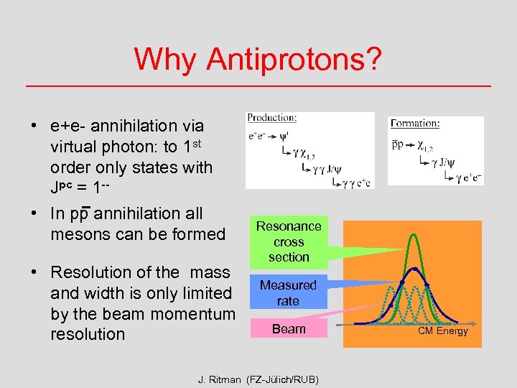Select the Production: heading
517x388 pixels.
(x=271, y=118)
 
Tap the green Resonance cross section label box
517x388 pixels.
(x=289, y=242)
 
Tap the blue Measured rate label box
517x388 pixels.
(x=288, y=293)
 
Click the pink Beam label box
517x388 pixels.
(x=289, y=329)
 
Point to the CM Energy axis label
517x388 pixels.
(x=443, y=331)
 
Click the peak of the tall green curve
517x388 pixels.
(x=414, y=236)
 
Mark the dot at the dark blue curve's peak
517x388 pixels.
(x=414, y=269)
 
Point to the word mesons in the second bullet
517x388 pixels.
(x=78, y=234)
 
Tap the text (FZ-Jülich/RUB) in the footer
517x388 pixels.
(x=282, y=379)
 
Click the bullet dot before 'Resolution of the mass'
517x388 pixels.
(x=34, y=273)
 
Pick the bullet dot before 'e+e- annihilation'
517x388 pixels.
(x=34, y=126)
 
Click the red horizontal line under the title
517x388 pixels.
(x=258, y=86)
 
